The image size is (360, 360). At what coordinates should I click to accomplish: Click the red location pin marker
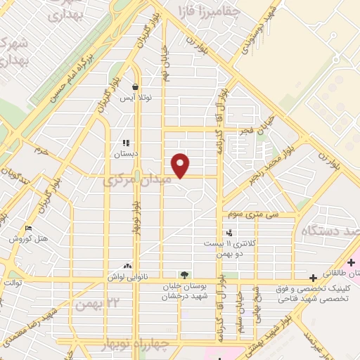point(181,165)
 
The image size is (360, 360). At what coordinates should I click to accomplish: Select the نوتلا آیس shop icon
point(134,88)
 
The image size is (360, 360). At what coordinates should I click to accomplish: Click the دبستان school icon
point(127,143)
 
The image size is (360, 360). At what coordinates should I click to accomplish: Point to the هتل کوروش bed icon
point(28,229)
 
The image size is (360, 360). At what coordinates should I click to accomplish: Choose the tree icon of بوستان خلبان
point(184,274)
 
